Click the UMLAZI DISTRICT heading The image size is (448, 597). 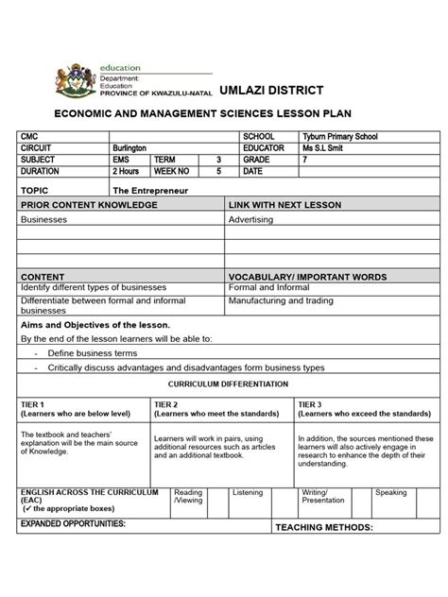(271, 90)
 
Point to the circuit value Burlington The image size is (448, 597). (129, 148)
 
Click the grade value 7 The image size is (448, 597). (305, 160)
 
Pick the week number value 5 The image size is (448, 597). (218, 172)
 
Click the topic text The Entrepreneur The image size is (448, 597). (143, 190)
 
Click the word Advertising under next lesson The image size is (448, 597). (250, 219)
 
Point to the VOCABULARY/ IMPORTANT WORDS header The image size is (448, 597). (307, 277)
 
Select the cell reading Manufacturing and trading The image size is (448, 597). (280, 300)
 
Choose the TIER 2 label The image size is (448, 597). (165, 404)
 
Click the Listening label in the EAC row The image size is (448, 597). (248, 492)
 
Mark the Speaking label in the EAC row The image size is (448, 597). (390, 492)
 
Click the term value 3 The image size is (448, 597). (218, 160)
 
